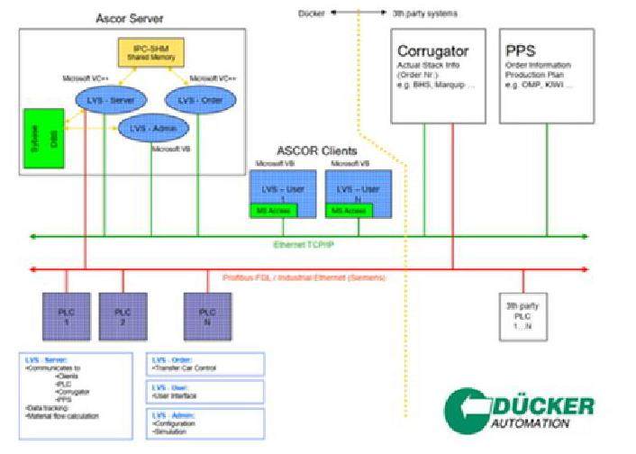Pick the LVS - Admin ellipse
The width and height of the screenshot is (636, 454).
150,129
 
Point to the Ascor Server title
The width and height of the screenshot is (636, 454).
129,18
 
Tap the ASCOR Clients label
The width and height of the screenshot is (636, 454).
320,150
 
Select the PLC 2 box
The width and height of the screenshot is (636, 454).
122,313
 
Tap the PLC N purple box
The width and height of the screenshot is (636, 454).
207,313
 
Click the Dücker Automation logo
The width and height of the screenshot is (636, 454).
522,411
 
